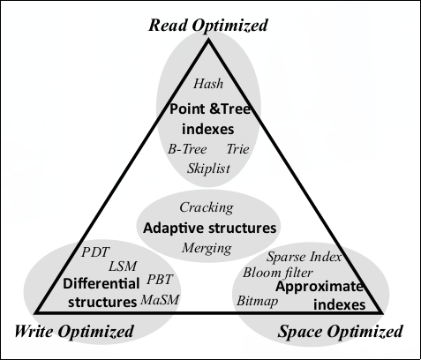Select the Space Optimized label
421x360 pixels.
click(340, 333)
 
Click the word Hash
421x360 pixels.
click(208, 85)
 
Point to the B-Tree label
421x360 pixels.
click(187, 149)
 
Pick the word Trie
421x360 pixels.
click(238, 149)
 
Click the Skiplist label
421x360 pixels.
click(209, 167)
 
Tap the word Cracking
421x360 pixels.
click(207, 207)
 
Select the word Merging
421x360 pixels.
click(207, 248)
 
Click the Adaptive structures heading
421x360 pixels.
click(209, 228)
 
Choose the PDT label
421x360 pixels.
click(95, 251)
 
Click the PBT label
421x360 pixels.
click(161, 281)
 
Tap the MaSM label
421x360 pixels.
click(160, 300)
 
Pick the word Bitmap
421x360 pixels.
click(256, 301)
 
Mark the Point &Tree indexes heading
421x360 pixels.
click(209, 117)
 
